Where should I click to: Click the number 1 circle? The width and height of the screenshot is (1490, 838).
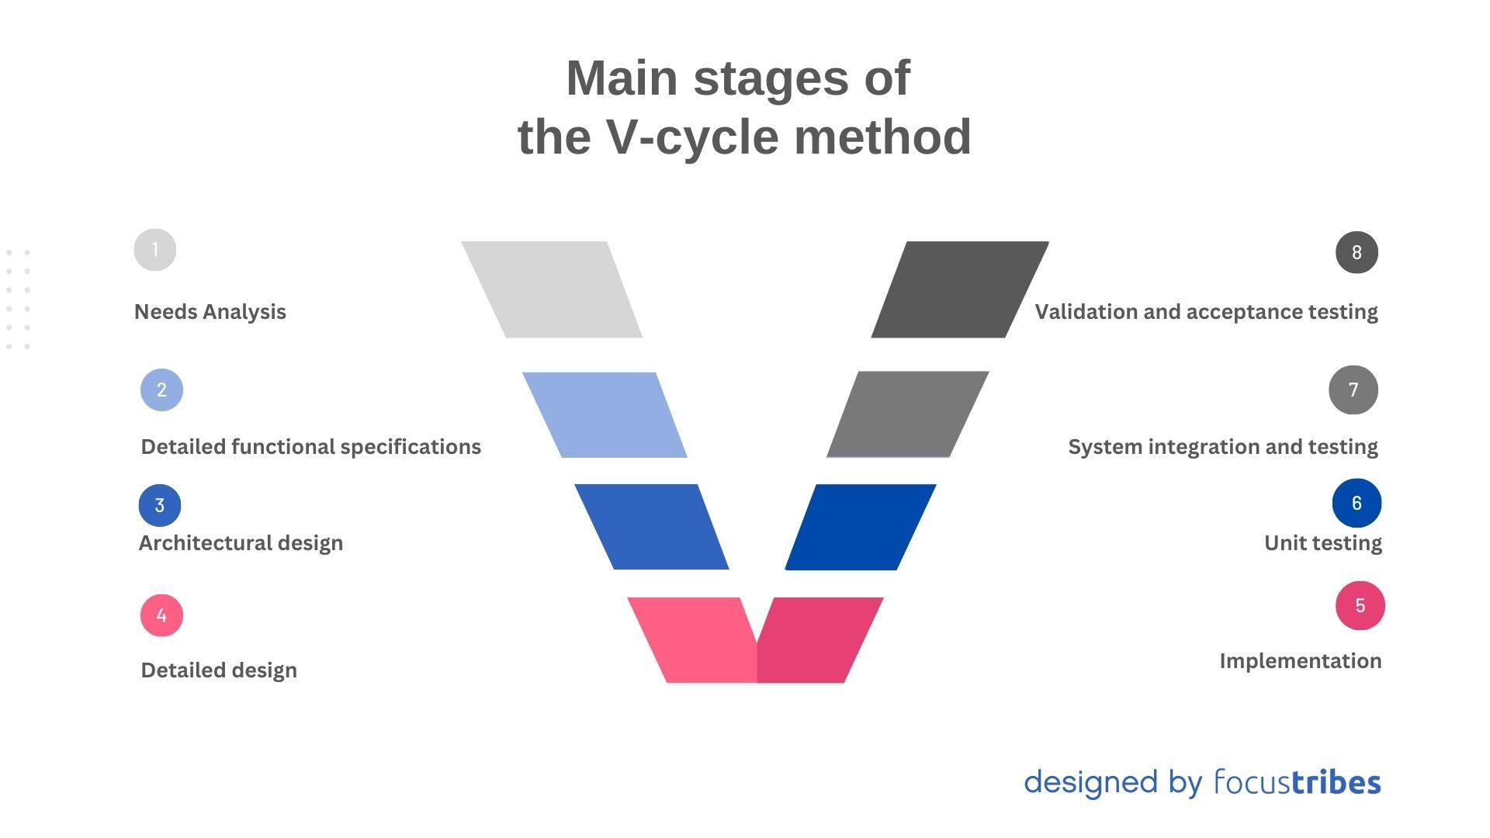155,250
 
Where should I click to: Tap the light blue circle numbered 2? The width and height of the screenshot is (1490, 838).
161,390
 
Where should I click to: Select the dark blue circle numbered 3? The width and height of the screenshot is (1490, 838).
160,505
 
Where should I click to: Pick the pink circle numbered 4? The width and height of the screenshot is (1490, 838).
161,615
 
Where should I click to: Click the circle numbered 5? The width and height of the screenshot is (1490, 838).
1360,605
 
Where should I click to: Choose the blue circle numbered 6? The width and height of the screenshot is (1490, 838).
1357,503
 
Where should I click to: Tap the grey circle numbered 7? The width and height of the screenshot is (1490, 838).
1353,390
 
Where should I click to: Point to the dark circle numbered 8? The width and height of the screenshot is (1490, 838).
1357,252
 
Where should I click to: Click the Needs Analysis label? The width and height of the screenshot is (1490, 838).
210,312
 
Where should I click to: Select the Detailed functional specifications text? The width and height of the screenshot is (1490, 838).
310,447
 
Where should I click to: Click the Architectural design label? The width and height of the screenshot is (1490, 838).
241,543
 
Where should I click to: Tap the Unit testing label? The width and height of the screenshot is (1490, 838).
1322,543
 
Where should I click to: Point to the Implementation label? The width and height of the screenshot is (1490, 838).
1300,661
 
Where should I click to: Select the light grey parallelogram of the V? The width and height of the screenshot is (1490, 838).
553,289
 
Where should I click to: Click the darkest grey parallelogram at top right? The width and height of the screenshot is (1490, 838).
959,289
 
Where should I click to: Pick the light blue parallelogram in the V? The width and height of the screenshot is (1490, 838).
605,415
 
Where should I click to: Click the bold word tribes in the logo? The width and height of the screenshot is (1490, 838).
1336,782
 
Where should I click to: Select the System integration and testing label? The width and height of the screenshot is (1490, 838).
1222,447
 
